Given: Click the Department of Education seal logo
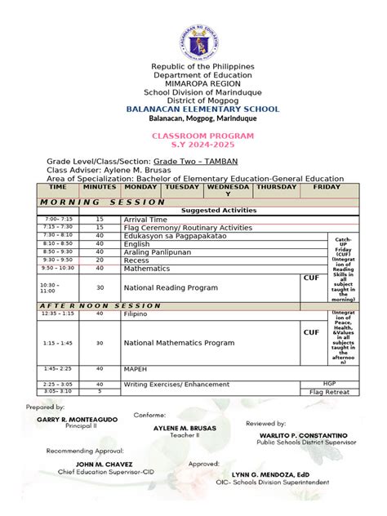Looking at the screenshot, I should pos(193,32).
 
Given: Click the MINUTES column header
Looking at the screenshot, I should pos(100,187).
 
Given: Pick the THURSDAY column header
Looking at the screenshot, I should pos(275,187).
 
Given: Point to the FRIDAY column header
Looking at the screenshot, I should pos(327,187).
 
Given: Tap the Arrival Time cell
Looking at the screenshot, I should pos(147,220).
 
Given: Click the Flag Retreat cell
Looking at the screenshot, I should pos(327,392).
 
